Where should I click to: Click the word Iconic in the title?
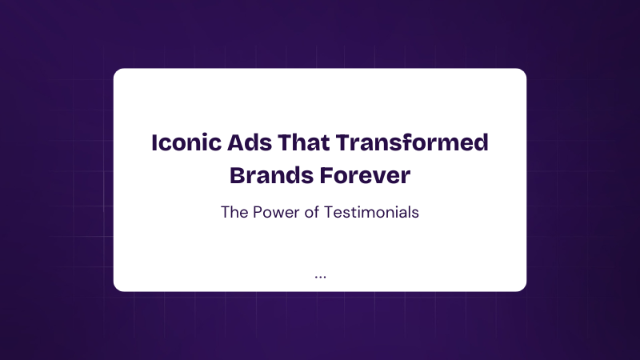[186, 142]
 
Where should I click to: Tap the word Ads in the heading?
[250, 142]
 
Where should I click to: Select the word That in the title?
[304, 142]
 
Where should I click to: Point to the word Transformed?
[412, 142]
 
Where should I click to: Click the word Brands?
[271, 175]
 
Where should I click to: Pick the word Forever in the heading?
[365, 175]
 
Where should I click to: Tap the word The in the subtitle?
[234, 212]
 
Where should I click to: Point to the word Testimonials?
[371, 212]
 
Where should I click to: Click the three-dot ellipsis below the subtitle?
[321, 278]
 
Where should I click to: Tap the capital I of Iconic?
[154, 142]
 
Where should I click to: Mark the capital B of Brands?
[237, 175]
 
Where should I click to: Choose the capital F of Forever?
[326, 175]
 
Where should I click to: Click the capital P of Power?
[258, 212]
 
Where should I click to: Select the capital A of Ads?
[234, 142]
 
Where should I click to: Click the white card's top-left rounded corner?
[116, 71]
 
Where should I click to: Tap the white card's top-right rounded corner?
[524, 71]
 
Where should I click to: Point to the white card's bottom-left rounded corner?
[116, 289]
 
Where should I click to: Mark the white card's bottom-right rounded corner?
[524, 289]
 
